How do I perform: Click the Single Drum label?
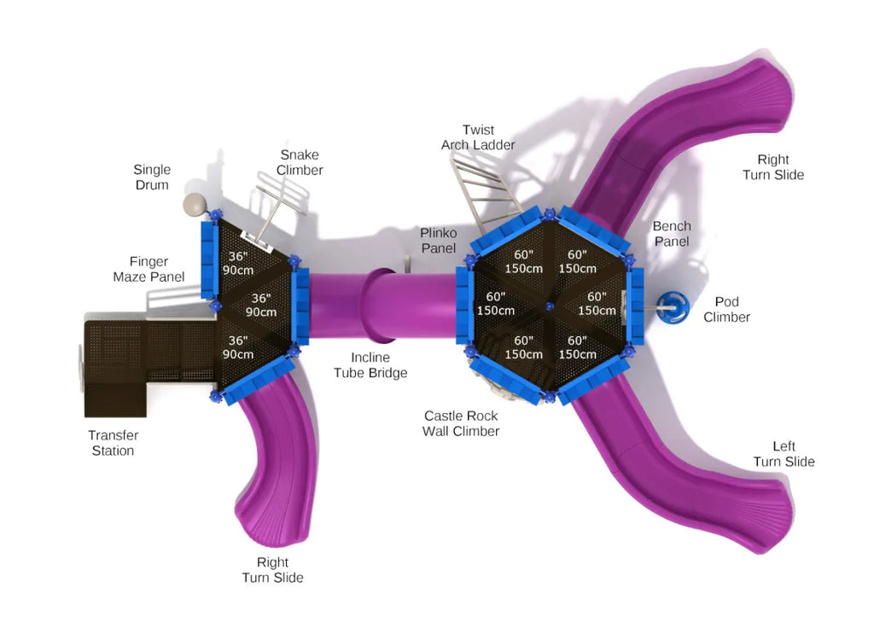(152, 178)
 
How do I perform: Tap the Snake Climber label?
(299, 162)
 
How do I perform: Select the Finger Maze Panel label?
(149, 269)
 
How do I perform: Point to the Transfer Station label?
(113, 443)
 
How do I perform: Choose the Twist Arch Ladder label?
(478, 137)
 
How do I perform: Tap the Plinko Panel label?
(438, 241)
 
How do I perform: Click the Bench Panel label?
(672, 234)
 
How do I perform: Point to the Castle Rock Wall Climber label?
(461, 423)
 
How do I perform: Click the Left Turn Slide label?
(784, 454)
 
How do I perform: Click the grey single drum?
(196, 205)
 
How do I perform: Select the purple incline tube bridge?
(376, 303)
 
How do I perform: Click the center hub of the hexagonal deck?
(548, 306)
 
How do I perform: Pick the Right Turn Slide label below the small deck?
(272, 570)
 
